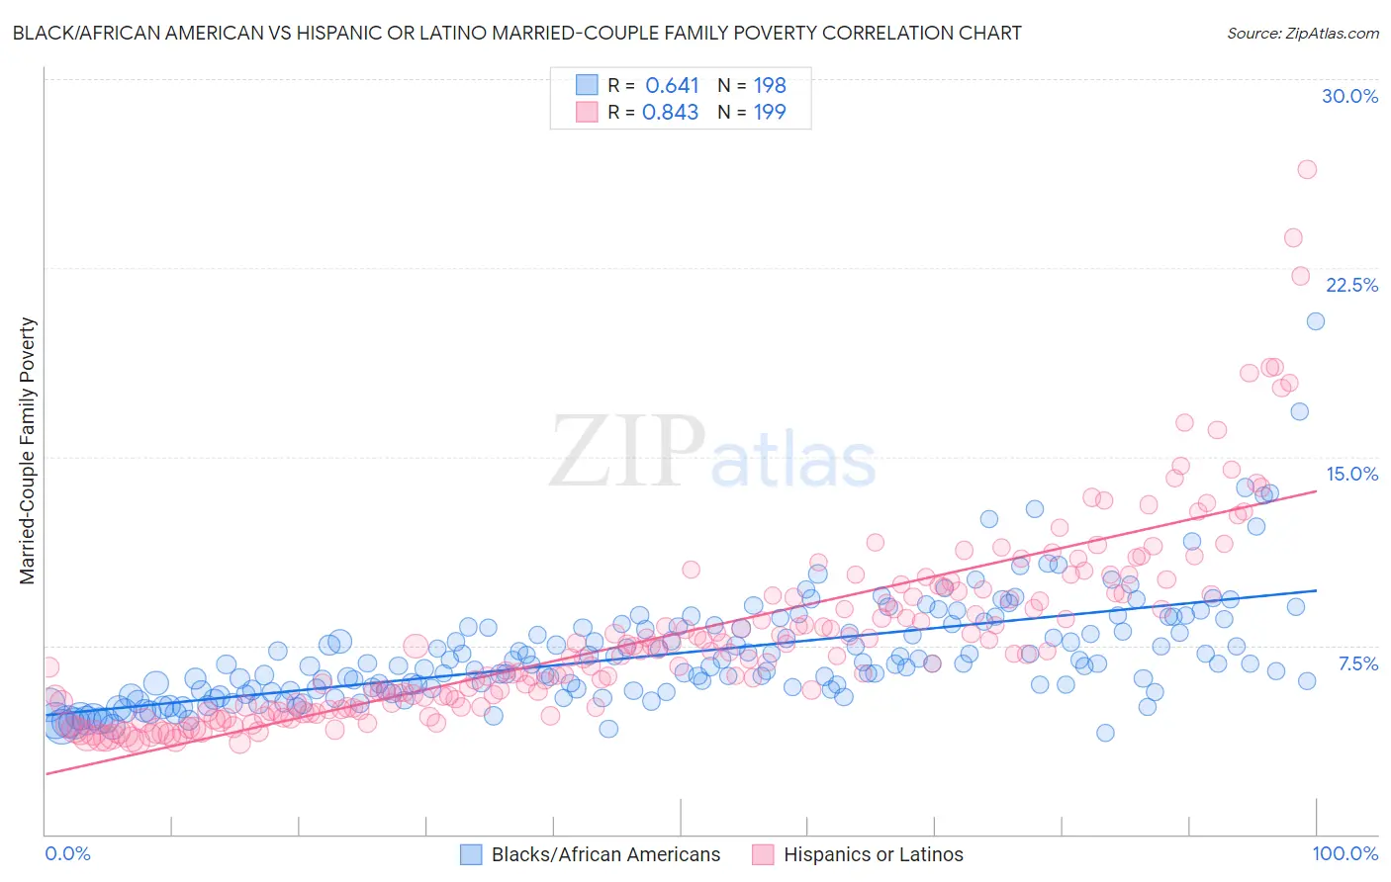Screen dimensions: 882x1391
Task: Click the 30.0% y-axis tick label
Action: (1349, 96)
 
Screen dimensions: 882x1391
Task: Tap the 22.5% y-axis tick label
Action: (1351, 285)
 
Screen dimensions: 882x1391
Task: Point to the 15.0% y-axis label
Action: (1351, 474)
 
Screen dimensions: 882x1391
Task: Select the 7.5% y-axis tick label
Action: (1357, 663)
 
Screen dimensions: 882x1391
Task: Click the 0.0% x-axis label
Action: (68, 853)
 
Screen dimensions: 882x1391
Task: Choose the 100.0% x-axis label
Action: (1345, 853)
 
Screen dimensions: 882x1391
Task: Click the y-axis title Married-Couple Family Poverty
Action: (28, 451)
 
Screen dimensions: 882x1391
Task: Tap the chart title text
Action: (516, 33)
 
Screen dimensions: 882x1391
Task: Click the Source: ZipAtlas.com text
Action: (1302, 33)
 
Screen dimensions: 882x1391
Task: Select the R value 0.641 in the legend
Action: (672, 85)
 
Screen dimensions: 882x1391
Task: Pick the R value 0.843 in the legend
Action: (670, 112)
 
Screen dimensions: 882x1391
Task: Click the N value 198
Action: (770, 85)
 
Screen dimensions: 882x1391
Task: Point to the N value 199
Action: (770, 112)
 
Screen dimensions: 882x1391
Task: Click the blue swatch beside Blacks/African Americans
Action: (471, 854)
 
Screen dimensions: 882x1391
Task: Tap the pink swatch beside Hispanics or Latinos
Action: (763, 854)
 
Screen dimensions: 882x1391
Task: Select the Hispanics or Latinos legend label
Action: (873, 854)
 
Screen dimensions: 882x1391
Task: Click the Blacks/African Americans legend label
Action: (605, 854)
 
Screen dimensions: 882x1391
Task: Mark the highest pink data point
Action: (1307, 169)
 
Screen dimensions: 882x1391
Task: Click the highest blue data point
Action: (1315, 320)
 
